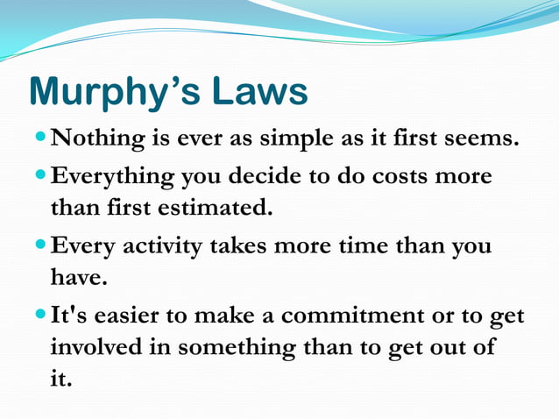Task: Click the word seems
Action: tap(485, 139)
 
